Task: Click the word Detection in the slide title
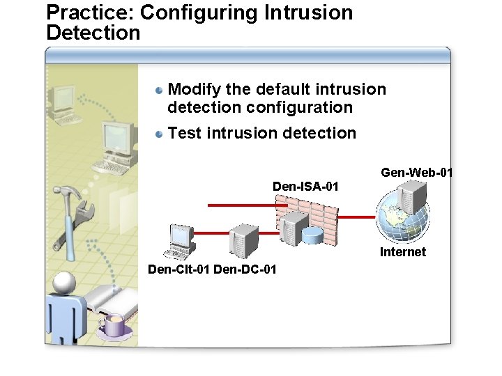click(x=93, y=32)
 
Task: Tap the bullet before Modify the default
click(x=160, y=90)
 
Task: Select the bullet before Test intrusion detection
click(x=160, y=134)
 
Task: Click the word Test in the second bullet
click(x=184, y=133)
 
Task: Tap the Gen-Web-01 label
click(x=416, y=172)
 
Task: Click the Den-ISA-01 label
click(x=305, y=187)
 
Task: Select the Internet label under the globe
click(x=402, y=252)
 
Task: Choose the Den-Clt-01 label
click(x=179, y=269)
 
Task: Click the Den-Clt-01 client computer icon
click(x=180, y=240)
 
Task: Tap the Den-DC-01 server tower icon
click(x=244, y=240)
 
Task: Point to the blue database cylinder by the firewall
click(x=313, y=235)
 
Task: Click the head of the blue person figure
click(x=63, y=283)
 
